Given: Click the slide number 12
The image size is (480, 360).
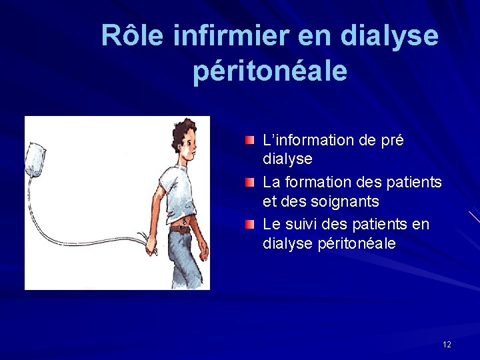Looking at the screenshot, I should pyautogui.click(x=447, y=344).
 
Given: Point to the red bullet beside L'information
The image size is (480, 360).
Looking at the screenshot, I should pyautogui.click(x=249, y=141).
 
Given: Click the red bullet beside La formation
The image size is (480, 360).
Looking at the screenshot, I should pyautogui.click(x=249, y=182).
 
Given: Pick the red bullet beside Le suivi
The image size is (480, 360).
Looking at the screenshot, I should pyautogui.click(x=249, y=224).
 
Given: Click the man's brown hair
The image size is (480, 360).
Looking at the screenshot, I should pyautogui.click(x=181, y=130).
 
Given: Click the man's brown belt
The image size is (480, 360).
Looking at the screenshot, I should pyautogui.click(x=180, y=229).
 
